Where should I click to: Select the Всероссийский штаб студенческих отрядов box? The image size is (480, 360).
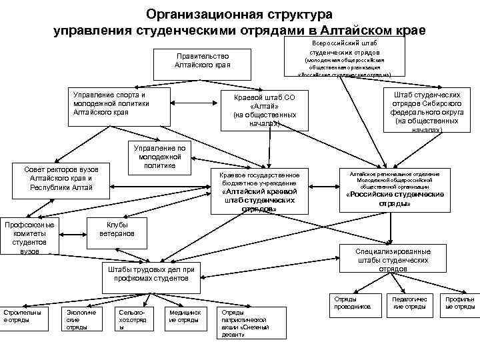pyautogui.click(x=344, y=57)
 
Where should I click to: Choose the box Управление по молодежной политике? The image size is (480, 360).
pyautogui.click(x=159, y=157)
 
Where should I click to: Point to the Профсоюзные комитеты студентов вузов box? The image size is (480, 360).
pyautogui.click(x=29, y=237)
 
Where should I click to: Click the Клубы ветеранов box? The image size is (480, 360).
pyautogui.click(x=117, y=229)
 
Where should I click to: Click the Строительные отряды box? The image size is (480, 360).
pyautogui.click(x=24, y=316)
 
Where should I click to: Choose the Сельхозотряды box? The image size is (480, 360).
pyautogui.click(x=131, y=318)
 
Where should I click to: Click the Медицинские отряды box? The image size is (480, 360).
pyautogui.click(x=184, y=316)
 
